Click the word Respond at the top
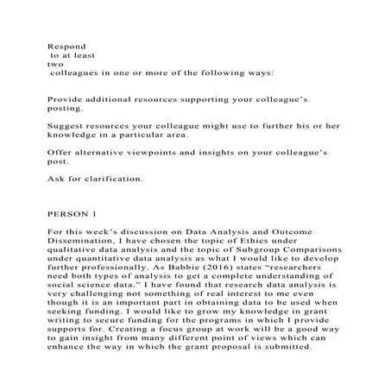tap(63, 40)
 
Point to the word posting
tap(66, 110)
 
